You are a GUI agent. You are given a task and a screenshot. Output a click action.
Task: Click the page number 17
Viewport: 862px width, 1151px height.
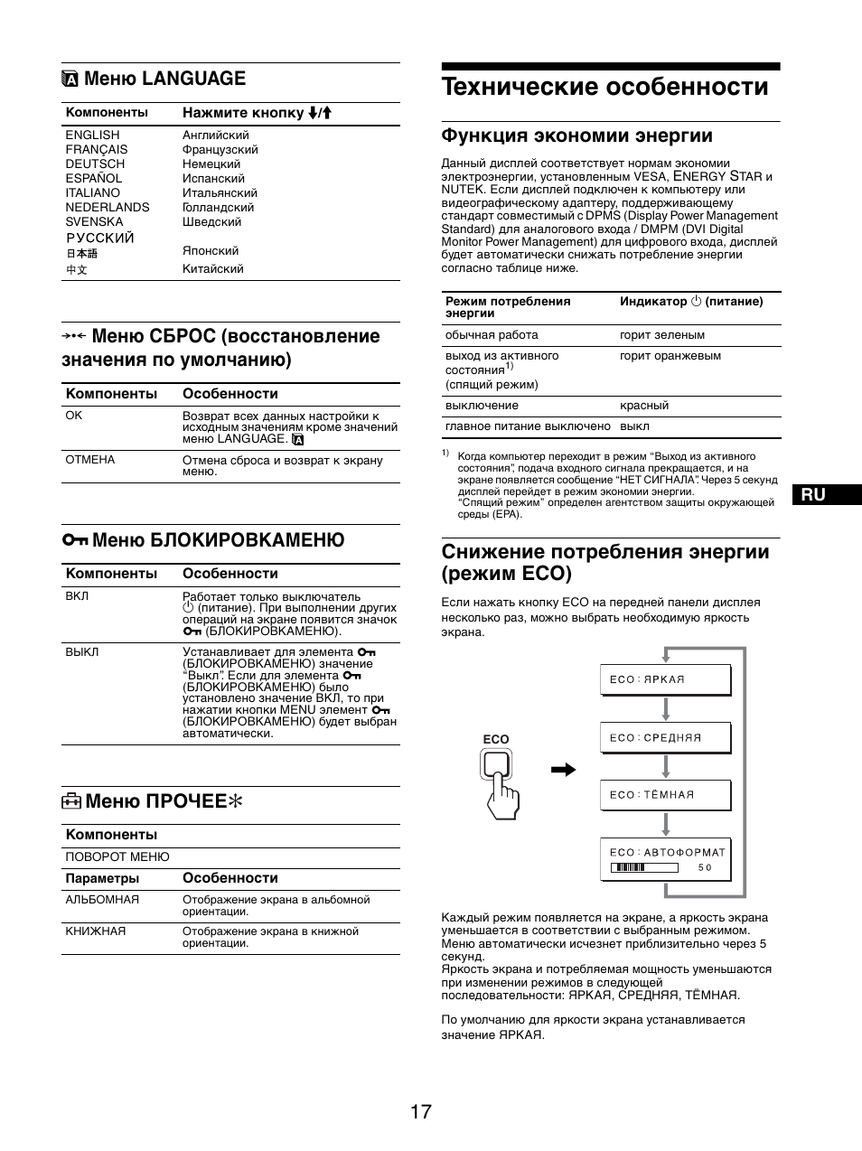click(420, 1111)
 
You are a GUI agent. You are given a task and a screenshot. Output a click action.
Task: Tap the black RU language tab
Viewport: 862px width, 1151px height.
click(825, 494)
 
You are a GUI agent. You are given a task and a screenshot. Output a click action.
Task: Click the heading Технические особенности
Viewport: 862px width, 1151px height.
click(605, 87)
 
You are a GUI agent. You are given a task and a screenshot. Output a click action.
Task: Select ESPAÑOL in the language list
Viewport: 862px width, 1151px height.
click(93, 178)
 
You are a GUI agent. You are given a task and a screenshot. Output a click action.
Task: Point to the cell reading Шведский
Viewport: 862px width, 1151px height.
click(211, 221)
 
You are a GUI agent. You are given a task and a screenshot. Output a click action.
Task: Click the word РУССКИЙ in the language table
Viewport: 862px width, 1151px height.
click(99, 238)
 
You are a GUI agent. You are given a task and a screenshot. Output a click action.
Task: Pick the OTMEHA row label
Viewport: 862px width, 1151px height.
click(90, 459)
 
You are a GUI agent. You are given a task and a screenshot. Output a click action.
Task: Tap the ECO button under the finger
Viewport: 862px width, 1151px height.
click(496, 765)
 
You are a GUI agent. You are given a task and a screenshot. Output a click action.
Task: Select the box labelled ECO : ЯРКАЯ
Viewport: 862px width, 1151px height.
click(665, 679)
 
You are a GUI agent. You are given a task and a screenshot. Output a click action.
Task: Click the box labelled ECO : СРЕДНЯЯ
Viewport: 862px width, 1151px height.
click(665, 738)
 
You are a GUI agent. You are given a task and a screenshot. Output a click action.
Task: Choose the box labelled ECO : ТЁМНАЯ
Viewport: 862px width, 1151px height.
click(665, 795)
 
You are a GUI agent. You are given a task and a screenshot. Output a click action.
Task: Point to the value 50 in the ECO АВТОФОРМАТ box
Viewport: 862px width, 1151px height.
click(705, 867)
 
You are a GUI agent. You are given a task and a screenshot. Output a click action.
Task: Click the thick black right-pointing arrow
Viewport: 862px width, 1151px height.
click(564, 770)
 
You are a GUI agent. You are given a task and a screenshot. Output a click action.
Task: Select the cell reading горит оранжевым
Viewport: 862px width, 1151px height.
click(670, 356)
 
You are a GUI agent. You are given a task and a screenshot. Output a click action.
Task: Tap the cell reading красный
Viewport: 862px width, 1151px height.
click(644, 406)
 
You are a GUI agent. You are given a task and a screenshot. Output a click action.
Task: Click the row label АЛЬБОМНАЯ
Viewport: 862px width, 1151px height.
click(102, 900)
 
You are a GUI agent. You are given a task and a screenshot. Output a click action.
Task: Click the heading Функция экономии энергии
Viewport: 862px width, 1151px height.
click(576, 136)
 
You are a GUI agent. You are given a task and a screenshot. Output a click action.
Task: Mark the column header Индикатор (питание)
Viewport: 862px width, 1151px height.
click(691, 301)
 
